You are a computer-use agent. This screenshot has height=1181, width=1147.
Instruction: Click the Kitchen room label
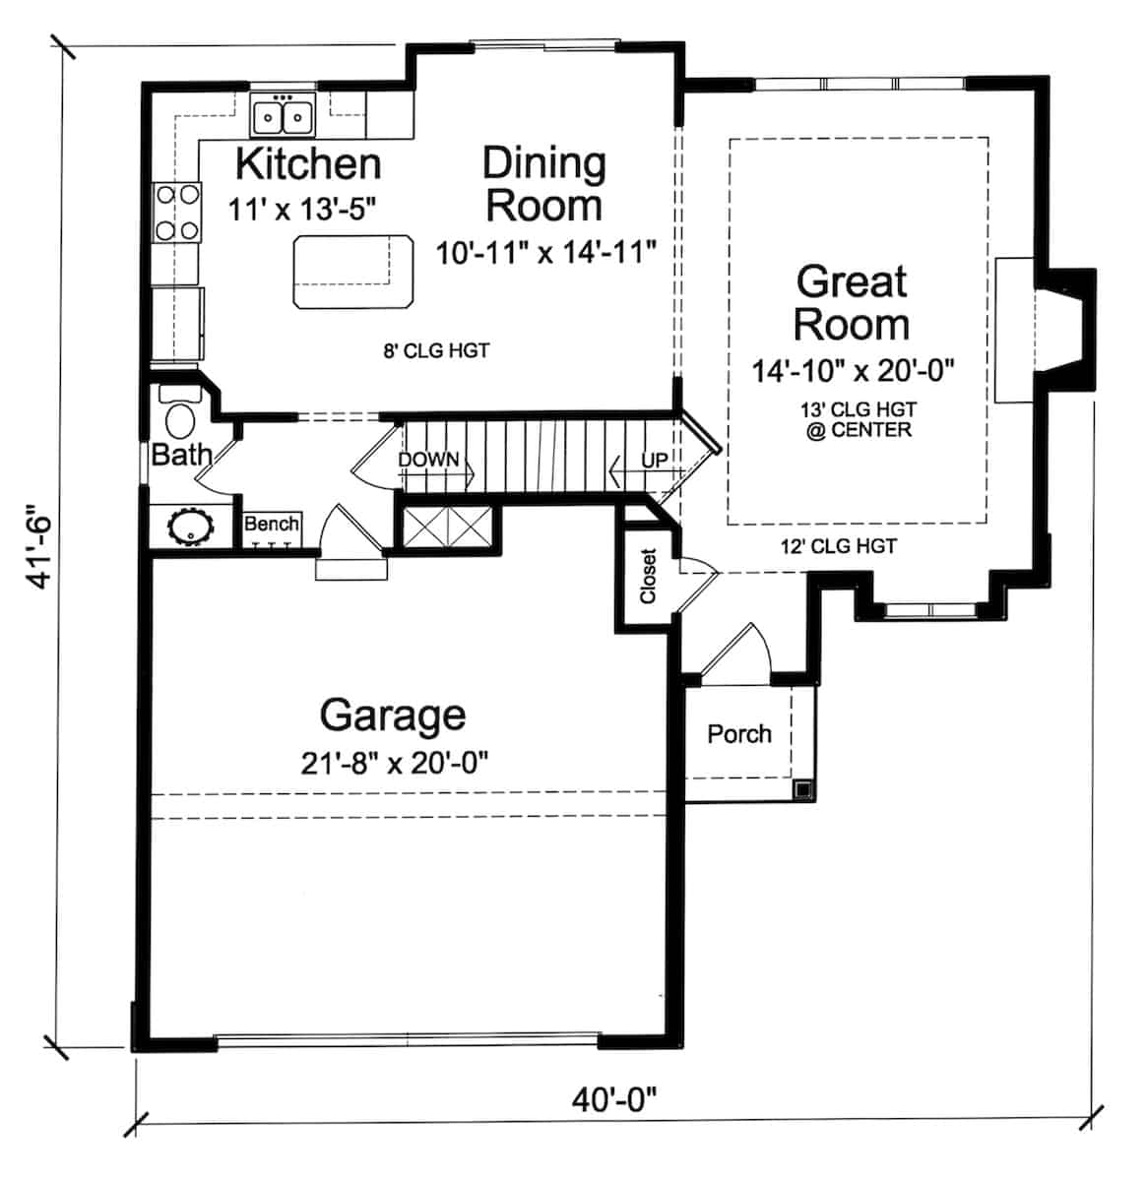pos(307,163)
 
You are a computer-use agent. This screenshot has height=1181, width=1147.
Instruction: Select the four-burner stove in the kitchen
pos(177,214)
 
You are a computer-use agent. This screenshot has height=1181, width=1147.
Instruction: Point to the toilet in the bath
pos(179,417)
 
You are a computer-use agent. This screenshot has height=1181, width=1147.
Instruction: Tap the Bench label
pos(271,524)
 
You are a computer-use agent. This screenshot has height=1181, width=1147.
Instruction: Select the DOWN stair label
pos(428,460)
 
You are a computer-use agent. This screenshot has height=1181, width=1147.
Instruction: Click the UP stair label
pos(655,460)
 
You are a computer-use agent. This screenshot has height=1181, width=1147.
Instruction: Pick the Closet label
pos(648,576)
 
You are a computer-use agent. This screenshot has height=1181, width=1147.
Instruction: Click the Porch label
pos(739,733)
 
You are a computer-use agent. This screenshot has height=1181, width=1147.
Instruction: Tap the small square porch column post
pos(803,788)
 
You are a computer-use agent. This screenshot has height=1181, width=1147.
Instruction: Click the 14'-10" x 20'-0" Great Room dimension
pos(854,371)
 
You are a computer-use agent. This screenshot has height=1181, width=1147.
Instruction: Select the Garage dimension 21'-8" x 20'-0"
pos(394,762)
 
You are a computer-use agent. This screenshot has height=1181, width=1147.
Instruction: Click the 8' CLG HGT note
pos(436,350)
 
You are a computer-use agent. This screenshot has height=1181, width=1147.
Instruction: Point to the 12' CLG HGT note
pos(838,546)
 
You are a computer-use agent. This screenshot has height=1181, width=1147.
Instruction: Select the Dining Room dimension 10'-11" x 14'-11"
pos(545,253)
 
